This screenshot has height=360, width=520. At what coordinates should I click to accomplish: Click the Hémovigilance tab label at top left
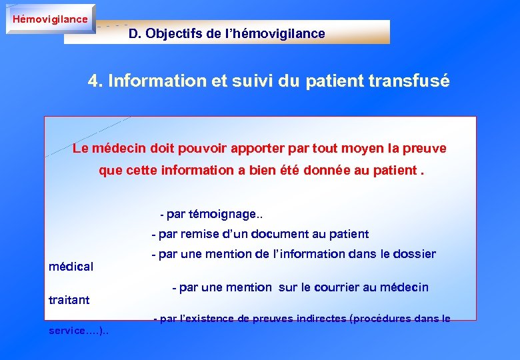point(50,19)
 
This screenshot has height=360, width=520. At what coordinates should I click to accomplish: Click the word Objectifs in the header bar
point(175,33)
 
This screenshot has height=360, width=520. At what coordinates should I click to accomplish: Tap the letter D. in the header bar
point(135,33)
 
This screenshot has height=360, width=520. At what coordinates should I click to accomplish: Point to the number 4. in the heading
point(95,81)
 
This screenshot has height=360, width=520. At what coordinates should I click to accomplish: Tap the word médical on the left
point(71,267)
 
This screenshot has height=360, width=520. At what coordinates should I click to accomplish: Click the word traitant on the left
point(69,300)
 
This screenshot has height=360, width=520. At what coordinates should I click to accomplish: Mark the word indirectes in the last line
point(317,319)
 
